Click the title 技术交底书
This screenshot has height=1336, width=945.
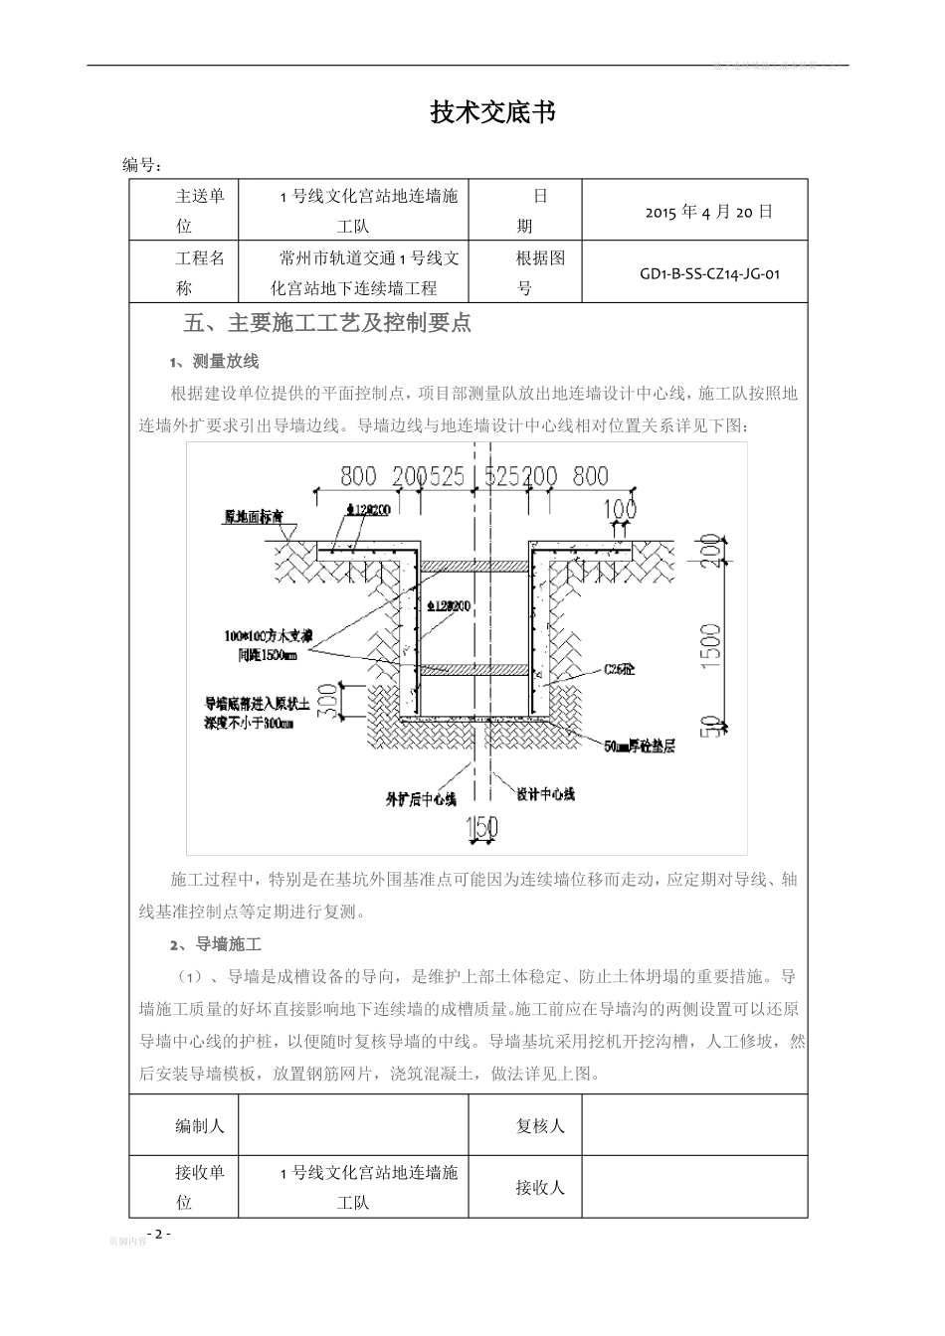click(x=491, y=113)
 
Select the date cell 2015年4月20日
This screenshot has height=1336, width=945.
click(x=708, y=212)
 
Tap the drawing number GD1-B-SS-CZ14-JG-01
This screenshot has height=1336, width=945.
click(x=709, y=272)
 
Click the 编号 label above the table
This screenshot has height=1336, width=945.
click(x=142, y=165)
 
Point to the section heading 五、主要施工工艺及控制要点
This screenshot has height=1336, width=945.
click(x=328, y=323)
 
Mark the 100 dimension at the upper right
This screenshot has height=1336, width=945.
click(x=619, y=510)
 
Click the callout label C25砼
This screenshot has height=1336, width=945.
click(x=619, y=670)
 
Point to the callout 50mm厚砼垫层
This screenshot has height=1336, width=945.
click(x=640, y=746)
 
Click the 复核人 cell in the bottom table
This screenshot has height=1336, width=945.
click(x=540, y=1125)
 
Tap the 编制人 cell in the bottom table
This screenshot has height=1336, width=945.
click(x=200, y=1125)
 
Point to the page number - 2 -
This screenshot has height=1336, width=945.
click(x=158, y=1234)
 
